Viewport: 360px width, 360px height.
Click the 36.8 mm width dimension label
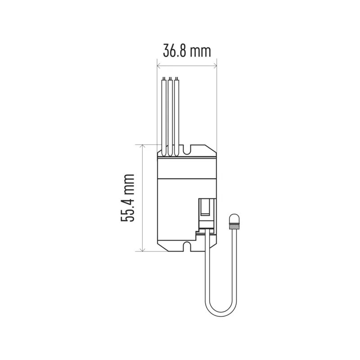point(187,51)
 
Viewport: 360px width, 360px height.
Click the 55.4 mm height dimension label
point(127,198)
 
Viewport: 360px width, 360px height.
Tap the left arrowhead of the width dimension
point(159,66)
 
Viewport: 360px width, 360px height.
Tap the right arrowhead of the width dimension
point(215,66)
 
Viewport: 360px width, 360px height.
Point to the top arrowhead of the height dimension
point(143,147)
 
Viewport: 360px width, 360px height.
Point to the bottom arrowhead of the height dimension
point(143,249)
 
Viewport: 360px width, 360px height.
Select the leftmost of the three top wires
point(164,117)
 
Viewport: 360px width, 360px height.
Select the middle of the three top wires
point(170,117)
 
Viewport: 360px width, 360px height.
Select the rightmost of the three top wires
point(176,117)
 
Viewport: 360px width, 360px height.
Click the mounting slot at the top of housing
point(187,149)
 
